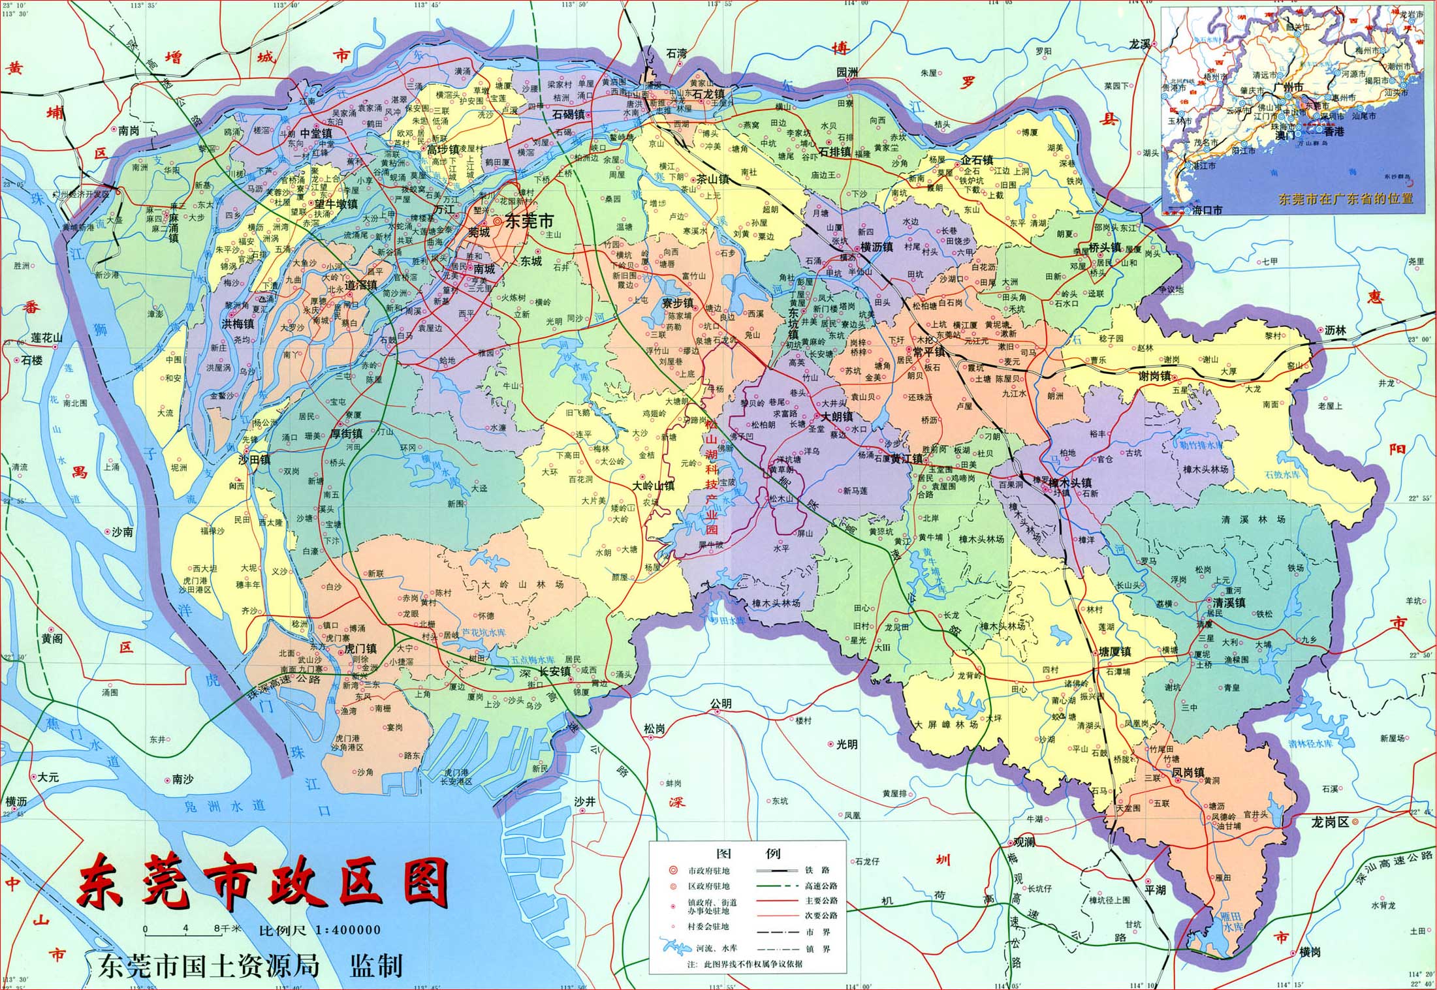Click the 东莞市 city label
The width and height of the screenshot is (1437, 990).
[x=529, y=222]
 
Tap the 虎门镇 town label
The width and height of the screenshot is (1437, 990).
[x=360, y=648]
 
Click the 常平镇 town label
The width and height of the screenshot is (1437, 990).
[x=928, y=352]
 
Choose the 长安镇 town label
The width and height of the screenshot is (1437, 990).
[x=554, y=671]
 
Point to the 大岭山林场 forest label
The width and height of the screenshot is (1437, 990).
[x=522, y=585]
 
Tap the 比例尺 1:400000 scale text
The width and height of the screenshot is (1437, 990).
[x=319, y=930]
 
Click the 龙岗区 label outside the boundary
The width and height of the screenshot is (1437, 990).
[x=1329, y=822]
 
